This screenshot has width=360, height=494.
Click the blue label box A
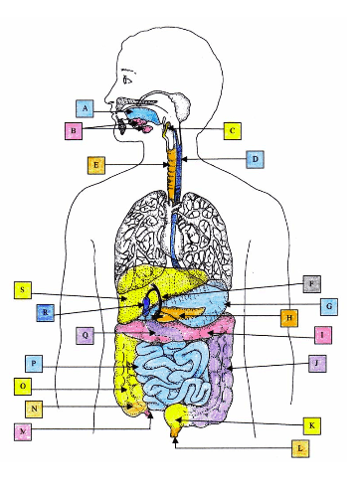[x=87, y=107]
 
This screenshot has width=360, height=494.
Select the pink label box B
[x=73, y=129]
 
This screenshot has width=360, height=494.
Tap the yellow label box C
[x=231, y=130]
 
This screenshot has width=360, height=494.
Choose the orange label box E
[x=96, y=165]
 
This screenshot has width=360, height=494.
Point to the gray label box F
[x=312, y=283]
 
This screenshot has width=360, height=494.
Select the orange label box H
[x=288, y=318]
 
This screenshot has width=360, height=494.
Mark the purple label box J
[x=316, y=363]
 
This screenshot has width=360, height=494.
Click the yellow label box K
[x=312, y=425]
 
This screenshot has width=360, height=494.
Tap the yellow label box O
[x=24, y=386]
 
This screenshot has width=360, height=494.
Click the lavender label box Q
[x=87, y=336]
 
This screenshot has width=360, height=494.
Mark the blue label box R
[x=45, y=313]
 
